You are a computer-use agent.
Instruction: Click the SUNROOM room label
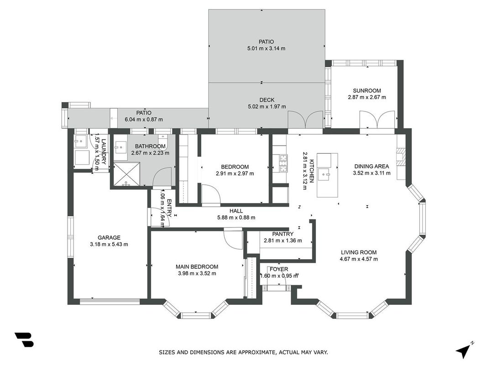[x=367, y=91]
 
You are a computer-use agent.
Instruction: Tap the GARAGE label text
[x=109, y=238]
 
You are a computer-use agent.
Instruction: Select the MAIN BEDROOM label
[x=197, y=266]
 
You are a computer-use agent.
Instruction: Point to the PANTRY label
[x=283, y=234]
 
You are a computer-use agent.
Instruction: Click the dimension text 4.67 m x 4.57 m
[x=359, y=259]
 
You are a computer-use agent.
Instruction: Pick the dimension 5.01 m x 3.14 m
[x=266, y=48]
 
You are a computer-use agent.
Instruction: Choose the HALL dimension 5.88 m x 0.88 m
[x=236, y=218]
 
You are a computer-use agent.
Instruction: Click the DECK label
[x=267, y=100]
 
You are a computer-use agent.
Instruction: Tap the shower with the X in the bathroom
[x=126, y=174]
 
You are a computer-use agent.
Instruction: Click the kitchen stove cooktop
[x=283, y=163]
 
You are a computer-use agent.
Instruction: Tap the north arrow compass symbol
[x=464, y=350]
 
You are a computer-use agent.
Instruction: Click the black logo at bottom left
[x=24, y=339]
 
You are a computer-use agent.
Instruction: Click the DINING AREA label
[x=372, y=167]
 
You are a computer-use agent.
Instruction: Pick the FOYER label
[x=278, y=269]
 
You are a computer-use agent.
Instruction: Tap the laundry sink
[x=80, y=141]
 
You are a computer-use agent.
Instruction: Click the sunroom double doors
[x=377, y=120]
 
